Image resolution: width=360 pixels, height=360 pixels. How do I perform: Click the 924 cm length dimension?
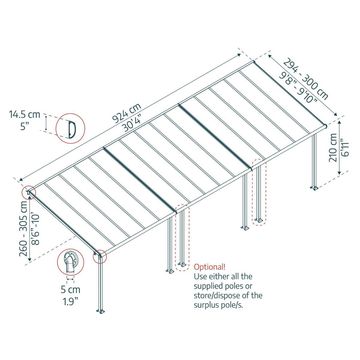pos(127,113)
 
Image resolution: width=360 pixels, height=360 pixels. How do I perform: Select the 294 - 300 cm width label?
pos(306,79)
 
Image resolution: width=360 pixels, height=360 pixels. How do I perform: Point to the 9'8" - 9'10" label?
pos(298,87)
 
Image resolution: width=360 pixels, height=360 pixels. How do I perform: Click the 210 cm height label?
pos(333,148)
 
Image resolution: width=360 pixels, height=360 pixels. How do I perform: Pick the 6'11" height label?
pos(345,147)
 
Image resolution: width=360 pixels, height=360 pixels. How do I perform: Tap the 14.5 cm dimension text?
pos(24,114)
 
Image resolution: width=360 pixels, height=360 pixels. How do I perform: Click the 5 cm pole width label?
pos(70,290)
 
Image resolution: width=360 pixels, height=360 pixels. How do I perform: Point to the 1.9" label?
pos(70,301)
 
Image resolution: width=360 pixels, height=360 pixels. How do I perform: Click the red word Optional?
pos(210,267)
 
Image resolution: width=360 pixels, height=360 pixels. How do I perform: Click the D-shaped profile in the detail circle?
pos(72,129)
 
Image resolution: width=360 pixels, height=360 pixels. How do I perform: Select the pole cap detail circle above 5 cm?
pos(70,262)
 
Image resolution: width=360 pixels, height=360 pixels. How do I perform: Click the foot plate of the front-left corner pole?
pos(101,311)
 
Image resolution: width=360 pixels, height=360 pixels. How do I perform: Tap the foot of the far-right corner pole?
pos(315,188)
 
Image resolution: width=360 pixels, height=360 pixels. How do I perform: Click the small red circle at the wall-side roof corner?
pos(29,192)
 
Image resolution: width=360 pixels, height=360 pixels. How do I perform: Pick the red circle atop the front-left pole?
pos(100,256)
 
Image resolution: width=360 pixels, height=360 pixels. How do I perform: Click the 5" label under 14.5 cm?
pos(24,126)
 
